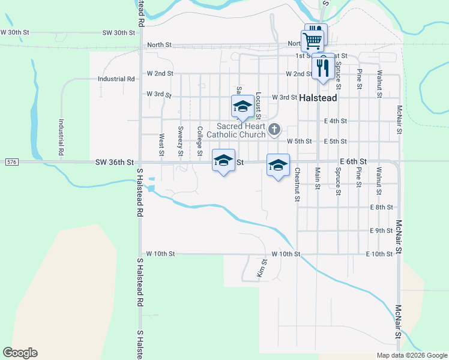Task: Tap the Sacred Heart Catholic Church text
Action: [241, 130]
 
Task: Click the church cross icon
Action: [274, 129]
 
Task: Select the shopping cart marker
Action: [312, 41]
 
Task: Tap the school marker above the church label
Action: [242, 107]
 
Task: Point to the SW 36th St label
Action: [113, 163]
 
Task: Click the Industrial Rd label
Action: [116, 79]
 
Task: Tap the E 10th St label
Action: [379, 254]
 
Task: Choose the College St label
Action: [199, 140]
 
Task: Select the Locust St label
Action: [258, 104]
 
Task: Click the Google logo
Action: [20, 353]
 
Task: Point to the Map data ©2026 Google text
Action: [412, 355]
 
